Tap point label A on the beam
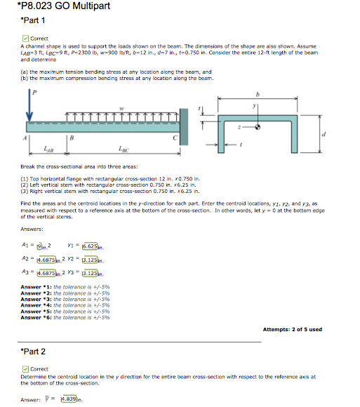(27, 139)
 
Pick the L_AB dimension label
(47, 149)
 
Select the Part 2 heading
(32, 351)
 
